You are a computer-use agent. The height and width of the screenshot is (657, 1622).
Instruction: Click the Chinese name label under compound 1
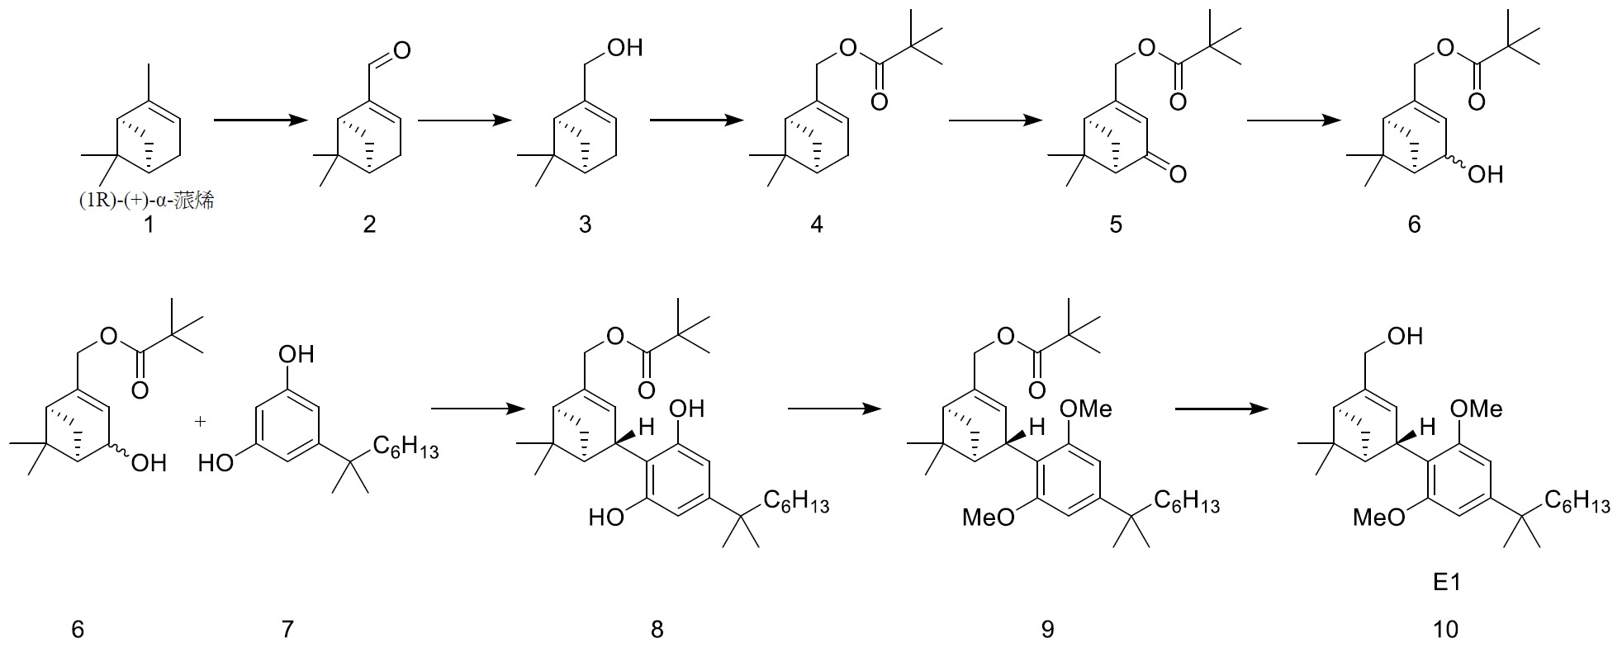pyautogui.click(x=146, y=200)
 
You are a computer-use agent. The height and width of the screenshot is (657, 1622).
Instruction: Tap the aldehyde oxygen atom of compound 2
pyautogui.click(x=402, y=51)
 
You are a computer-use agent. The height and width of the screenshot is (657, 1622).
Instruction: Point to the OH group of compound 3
pyautogui.click(x=624, y=48)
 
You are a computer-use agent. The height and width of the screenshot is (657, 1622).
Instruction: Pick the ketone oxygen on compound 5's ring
pyautogui.click(x=1178, y=173)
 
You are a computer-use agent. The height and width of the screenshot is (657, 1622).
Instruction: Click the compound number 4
pyautogui.click(x=816, y=224)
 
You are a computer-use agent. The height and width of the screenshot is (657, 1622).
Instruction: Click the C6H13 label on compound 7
pyautogui.click(x=405, y=448)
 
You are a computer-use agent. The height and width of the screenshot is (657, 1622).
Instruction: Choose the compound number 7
pyautogui.click(x=287, y=630)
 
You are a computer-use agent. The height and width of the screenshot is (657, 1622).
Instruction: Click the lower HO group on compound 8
pyautogui.click(x=608, y=518)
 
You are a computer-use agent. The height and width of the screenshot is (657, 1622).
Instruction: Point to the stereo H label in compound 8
pyautogui.click(x=647, y=427)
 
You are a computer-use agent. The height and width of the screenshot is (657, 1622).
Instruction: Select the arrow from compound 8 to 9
pyautogui.click(x=835, y=409)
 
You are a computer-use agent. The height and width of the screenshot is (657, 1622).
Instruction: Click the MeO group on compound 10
pyautogui.click(x=1378, y=518)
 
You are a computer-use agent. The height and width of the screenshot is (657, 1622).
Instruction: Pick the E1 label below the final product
pyautogui.click(x=1446, y=583)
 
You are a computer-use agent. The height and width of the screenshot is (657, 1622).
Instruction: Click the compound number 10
pyautogui.click(x=1445, y=630)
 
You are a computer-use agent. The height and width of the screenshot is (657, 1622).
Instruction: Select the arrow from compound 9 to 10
pyautogui.click(x=1221, y=409)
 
